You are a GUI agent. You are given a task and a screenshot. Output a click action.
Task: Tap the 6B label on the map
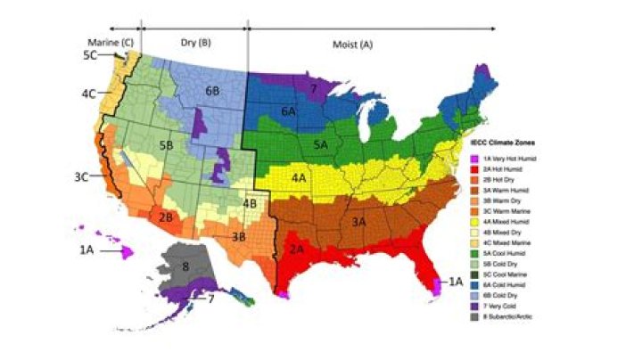coord(212,91)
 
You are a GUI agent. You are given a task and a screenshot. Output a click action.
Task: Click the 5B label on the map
coord(166,143)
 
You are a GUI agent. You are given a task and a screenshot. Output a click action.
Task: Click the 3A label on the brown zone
coord(359,221)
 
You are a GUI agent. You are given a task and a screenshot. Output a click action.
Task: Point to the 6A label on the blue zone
coord(288,111)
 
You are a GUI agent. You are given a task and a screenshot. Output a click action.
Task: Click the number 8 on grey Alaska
coord(185,266)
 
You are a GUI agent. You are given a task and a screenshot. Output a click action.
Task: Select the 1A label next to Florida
coord(456,282)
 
